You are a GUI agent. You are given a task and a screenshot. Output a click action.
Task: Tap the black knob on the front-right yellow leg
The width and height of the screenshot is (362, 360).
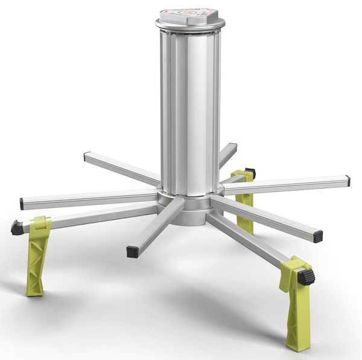coord(307,277)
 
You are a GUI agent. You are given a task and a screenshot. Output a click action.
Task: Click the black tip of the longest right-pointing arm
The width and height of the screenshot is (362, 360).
coord(349,180)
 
